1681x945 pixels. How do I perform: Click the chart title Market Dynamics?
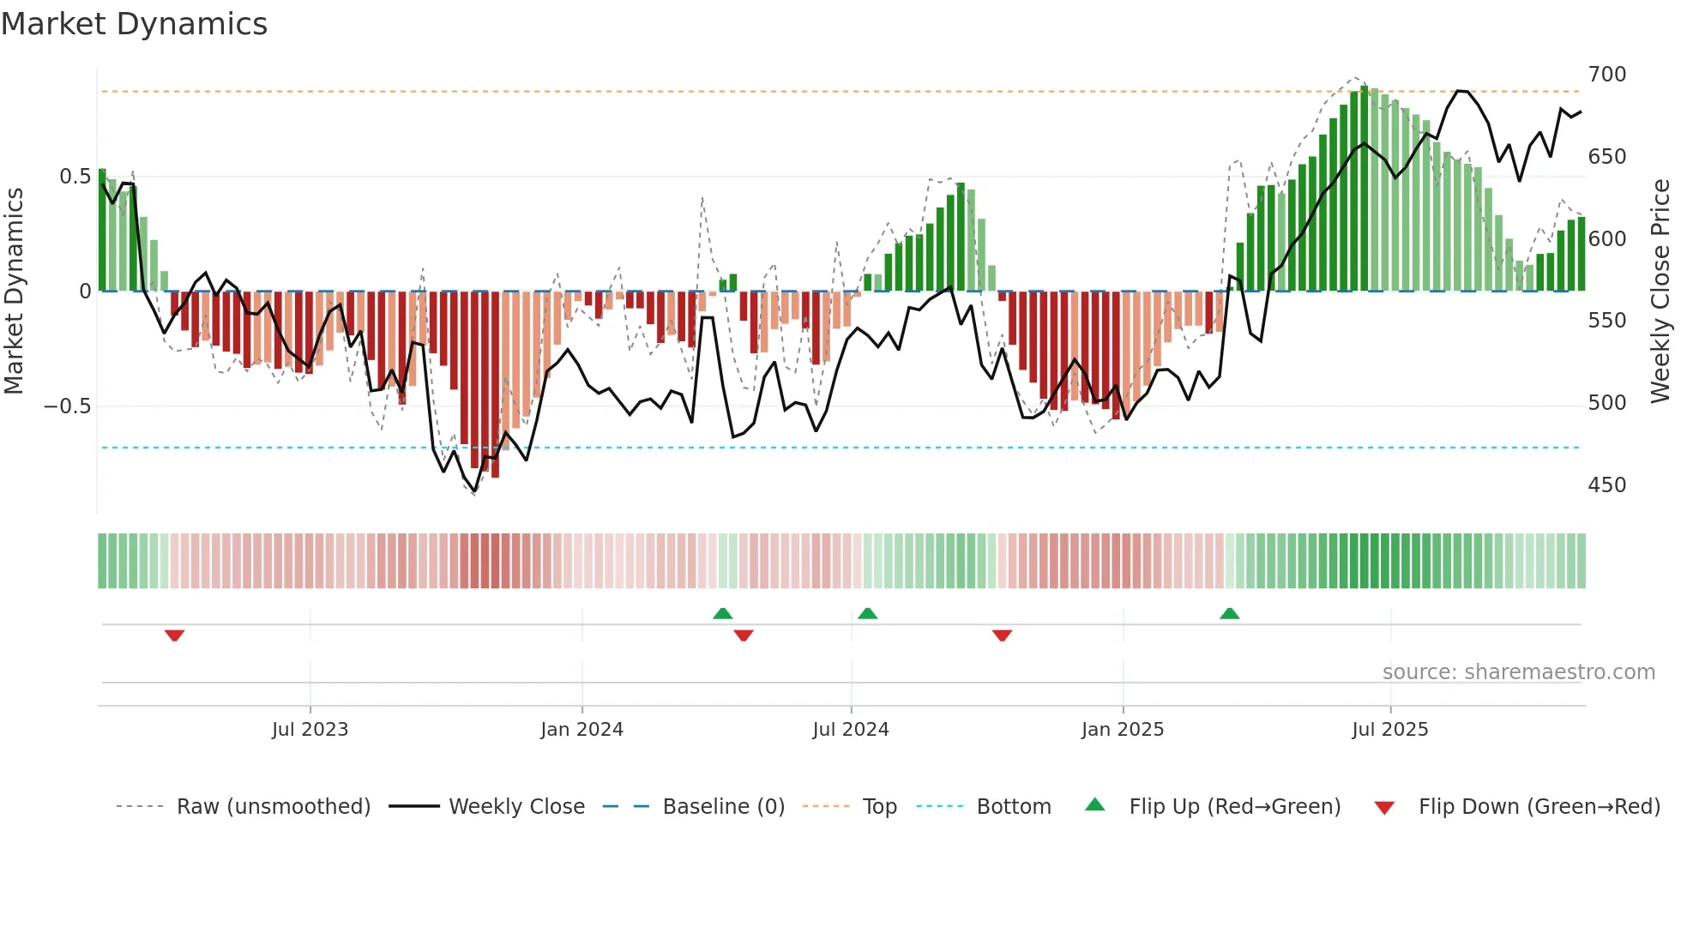pos(134,24)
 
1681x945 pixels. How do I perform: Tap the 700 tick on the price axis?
pos(1606,75)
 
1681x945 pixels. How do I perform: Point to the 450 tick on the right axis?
pos(1606,485)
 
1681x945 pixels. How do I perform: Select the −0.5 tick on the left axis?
pos(68,406)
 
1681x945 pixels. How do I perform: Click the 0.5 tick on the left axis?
pos(75,177)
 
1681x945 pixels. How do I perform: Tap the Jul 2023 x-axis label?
pos(310,730)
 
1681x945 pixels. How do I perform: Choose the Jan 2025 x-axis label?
pos(1122,730)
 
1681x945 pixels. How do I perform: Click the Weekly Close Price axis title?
pos(1660,292)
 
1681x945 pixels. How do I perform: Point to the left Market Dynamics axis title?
pos(14,292)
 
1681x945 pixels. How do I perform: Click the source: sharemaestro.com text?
pos(1518,672)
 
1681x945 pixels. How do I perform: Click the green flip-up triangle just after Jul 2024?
pos(867,613)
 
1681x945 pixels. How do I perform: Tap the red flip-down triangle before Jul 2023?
pos(174,635)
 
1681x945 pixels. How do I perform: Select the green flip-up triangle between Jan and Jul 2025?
pos(1229,613)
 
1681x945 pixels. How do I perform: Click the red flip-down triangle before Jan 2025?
pos(1002,635)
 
